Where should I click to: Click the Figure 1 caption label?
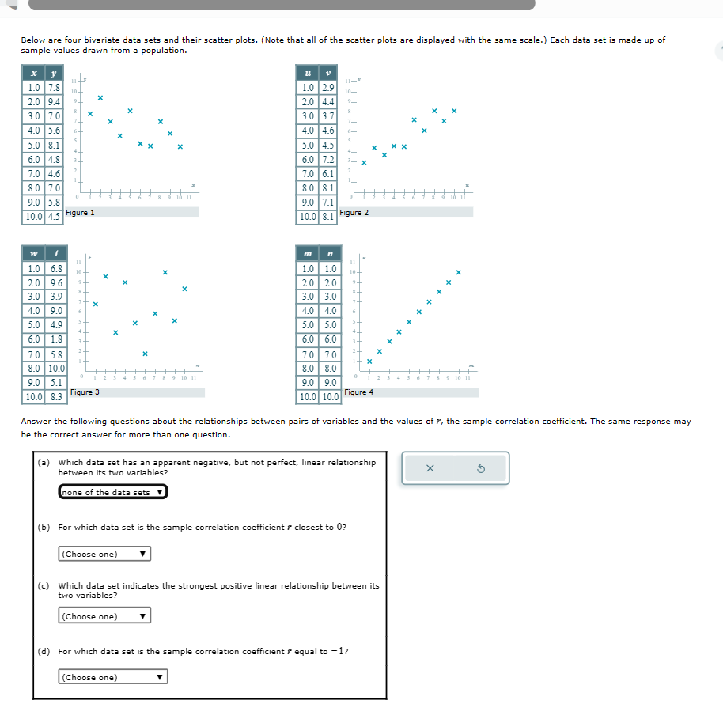click(80, 213)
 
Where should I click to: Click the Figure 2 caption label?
click(354, 213)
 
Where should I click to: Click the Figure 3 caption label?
click(85, 392)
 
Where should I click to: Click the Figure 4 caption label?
click(359, 392)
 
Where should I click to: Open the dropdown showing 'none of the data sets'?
click(113, 492)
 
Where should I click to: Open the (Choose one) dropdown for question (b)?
click(104, 554)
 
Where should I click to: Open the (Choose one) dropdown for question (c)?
click(104, 616)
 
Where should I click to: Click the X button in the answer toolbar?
click(430, 468)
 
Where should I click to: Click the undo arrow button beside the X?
click(480, 468)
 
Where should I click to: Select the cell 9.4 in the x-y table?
click(53, 102)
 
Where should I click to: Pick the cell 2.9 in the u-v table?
click(328, 88)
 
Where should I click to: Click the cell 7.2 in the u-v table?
click(328, 160)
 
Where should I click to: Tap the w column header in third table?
click(34, 253)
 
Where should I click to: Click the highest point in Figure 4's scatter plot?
click(458, 273)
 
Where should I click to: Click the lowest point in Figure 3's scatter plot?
click(145, 354)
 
